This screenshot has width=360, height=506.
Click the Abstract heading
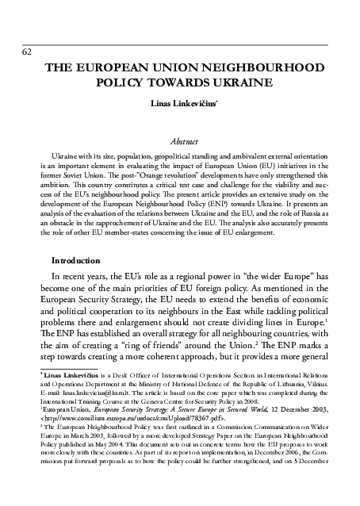tap(179, 140)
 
